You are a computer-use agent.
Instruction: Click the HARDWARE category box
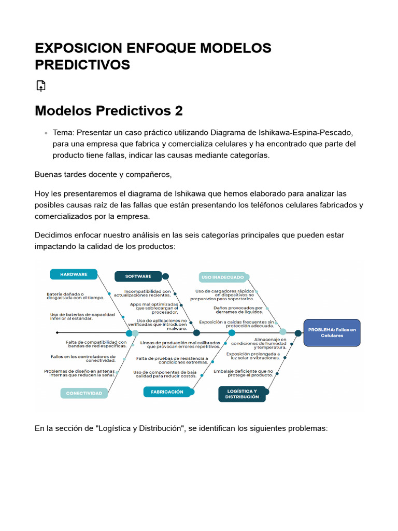coord(74,274)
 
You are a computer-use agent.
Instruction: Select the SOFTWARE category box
coord(138,276)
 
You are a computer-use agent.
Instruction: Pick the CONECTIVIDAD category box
coord(84,393)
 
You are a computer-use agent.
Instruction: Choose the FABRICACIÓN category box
coord(167,392)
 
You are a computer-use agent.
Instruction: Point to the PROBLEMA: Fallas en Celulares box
coord(332,332)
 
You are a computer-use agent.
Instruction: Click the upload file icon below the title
coord(41,86)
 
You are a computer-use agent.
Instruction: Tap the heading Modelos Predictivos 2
coord(109,111)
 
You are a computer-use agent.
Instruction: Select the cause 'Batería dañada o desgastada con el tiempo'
coord(76,296)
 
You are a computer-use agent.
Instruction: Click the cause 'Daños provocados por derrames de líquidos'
coord(238,310)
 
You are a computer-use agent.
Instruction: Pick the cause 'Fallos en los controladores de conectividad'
coord(83,358)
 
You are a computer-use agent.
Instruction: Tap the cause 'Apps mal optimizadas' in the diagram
coord(154,308)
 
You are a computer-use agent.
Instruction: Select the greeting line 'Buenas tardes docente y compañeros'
coord(103,174)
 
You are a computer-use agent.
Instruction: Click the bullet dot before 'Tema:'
coord(46,133)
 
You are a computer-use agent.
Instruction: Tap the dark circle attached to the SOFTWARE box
coord(166,276)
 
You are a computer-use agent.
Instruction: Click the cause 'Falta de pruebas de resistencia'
coord(172,360)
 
